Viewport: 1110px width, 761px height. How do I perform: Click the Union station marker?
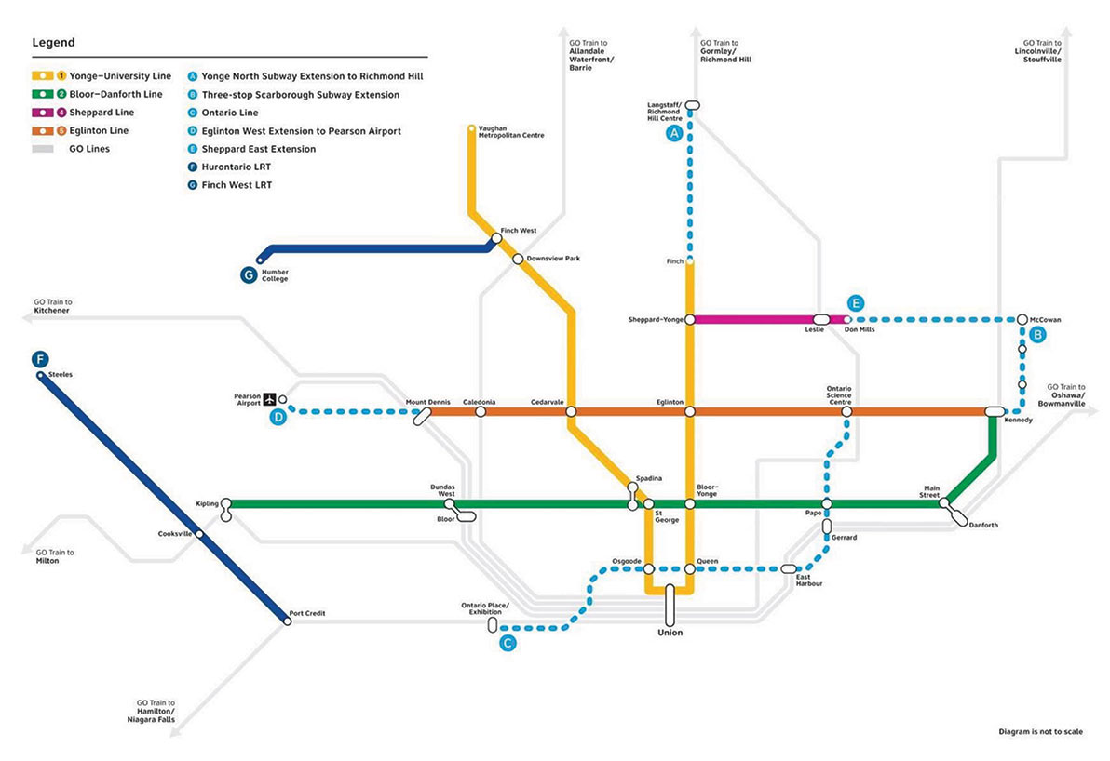click(x=670, y=605)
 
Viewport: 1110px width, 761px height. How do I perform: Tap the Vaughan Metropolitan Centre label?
click(x=511, y=131)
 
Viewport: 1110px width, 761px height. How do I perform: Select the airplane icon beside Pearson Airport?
click(x=270, y=400)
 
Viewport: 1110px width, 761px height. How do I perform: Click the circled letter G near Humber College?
click(x=249, y=274)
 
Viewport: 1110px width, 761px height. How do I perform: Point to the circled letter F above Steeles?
click(x=40, y=359)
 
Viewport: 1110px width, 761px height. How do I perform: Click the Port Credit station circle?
click(x=287, y=621)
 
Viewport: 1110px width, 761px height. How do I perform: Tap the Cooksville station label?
click(x=175, y=534)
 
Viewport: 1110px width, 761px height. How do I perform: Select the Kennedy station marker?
click(x=994, y=411)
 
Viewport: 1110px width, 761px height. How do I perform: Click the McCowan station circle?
click(x=1022, y=320)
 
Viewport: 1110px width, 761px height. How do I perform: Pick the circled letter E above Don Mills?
click(x=856, y=303)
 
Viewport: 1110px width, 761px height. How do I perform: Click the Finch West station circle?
click(x=496, y=239)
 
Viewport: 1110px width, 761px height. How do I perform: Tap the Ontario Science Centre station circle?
click(x=846, y=411)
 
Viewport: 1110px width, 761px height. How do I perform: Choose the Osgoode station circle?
click(x=648, y=568)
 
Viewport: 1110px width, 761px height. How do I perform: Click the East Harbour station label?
click(x=808, y=580)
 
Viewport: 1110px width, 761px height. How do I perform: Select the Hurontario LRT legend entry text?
click(x=236, y=167)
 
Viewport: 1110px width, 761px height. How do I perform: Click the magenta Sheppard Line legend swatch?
click(x=43, y=113)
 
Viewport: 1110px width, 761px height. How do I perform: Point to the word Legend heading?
click(x=53, y=43)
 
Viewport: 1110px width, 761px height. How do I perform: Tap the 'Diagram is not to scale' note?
click(x=1041, y=732)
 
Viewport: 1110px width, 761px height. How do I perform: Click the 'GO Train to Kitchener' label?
click(x=52, y=306)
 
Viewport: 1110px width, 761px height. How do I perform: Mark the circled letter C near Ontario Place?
click(x=508, y=643)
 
